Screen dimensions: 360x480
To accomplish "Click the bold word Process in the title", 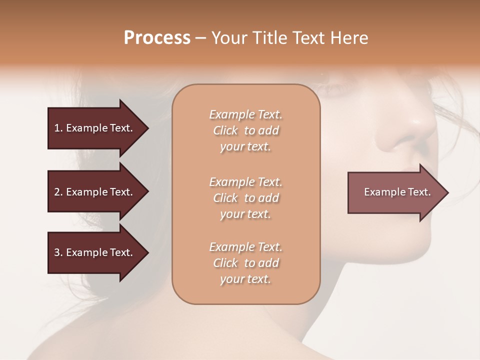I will click(157, 38).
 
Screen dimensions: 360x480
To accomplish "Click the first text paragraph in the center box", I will click(245, 130).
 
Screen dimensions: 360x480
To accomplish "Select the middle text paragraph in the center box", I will click(245, 198).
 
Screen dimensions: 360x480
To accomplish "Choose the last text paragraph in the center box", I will click(245, 263).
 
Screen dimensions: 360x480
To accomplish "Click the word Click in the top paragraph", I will click(225, 130).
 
